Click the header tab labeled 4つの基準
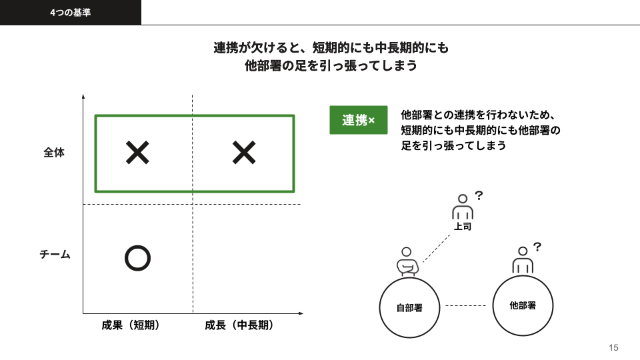(x=70, y=12)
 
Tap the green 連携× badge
(x=359, y=120)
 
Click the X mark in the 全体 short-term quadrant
(x=137, y=152)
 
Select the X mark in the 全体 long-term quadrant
(x=244, y=152)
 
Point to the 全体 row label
(x=54, y=153)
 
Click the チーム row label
(x=55, y=254)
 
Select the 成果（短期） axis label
(x=131, y=325)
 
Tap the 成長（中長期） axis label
(x=239, y=325)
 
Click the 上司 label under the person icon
(x=463, y=226)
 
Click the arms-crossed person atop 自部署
(x=407, y=261)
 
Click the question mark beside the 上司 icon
(x=479, y=195)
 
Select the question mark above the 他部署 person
(x=537, y=247)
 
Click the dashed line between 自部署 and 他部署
(x=466, y=305)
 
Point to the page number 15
(x=613, y=347)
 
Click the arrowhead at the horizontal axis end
(x=301, y=313)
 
